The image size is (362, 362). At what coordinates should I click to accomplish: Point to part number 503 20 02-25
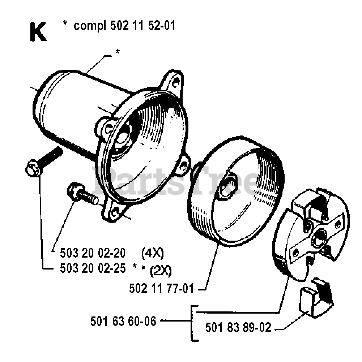(91, 268)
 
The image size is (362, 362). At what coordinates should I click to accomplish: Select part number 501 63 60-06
(123, 321)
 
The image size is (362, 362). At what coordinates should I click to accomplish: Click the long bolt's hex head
(32, 169)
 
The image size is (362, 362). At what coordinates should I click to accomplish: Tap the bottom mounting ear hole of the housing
(116, 214)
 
